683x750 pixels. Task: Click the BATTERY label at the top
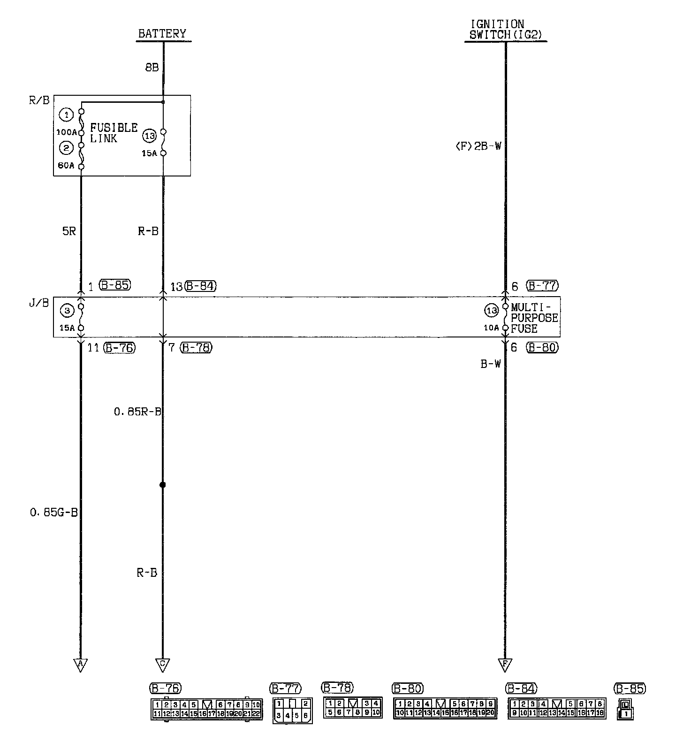pyautogui.click(x=162, y=34)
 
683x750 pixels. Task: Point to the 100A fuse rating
pyautogui.click(x=66, y=132)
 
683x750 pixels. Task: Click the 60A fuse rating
pyautogui.click(x=66, y=165)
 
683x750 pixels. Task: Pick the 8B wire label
pyautogui.click(x=152, y=68)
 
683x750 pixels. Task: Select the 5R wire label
pyautogui.click(x=69, y=231)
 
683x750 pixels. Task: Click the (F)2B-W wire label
pyautogui.click(x=478, y=146)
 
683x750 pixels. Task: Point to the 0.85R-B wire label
pyautogui.click(x=137, y=412)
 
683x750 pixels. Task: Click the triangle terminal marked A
pyautogui.click(x=80, y=664)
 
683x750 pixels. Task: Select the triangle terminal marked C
pyautogui.click(x=162, y=664)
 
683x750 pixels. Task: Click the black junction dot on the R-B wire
pyautogui.click(x=162, y=485)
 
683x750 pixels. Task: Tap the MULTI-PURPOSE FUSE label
pyautogui.click(x=534, y=318)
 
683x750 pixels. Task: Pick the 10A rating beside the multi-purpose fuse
pyautogui.click(x=491, y=328)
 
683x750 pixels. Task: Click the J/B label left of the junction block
pyautogui.click(x=39, y=303)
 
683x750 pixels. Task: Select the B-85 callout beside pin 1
pyautogui.click(x=115, y=285)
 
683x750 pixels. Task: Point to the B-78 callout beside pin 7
pyautogui.click(x=196, y=348)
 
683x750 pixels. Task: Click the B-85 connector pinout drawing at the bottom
pyautogui.click(x=626, y=709)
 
